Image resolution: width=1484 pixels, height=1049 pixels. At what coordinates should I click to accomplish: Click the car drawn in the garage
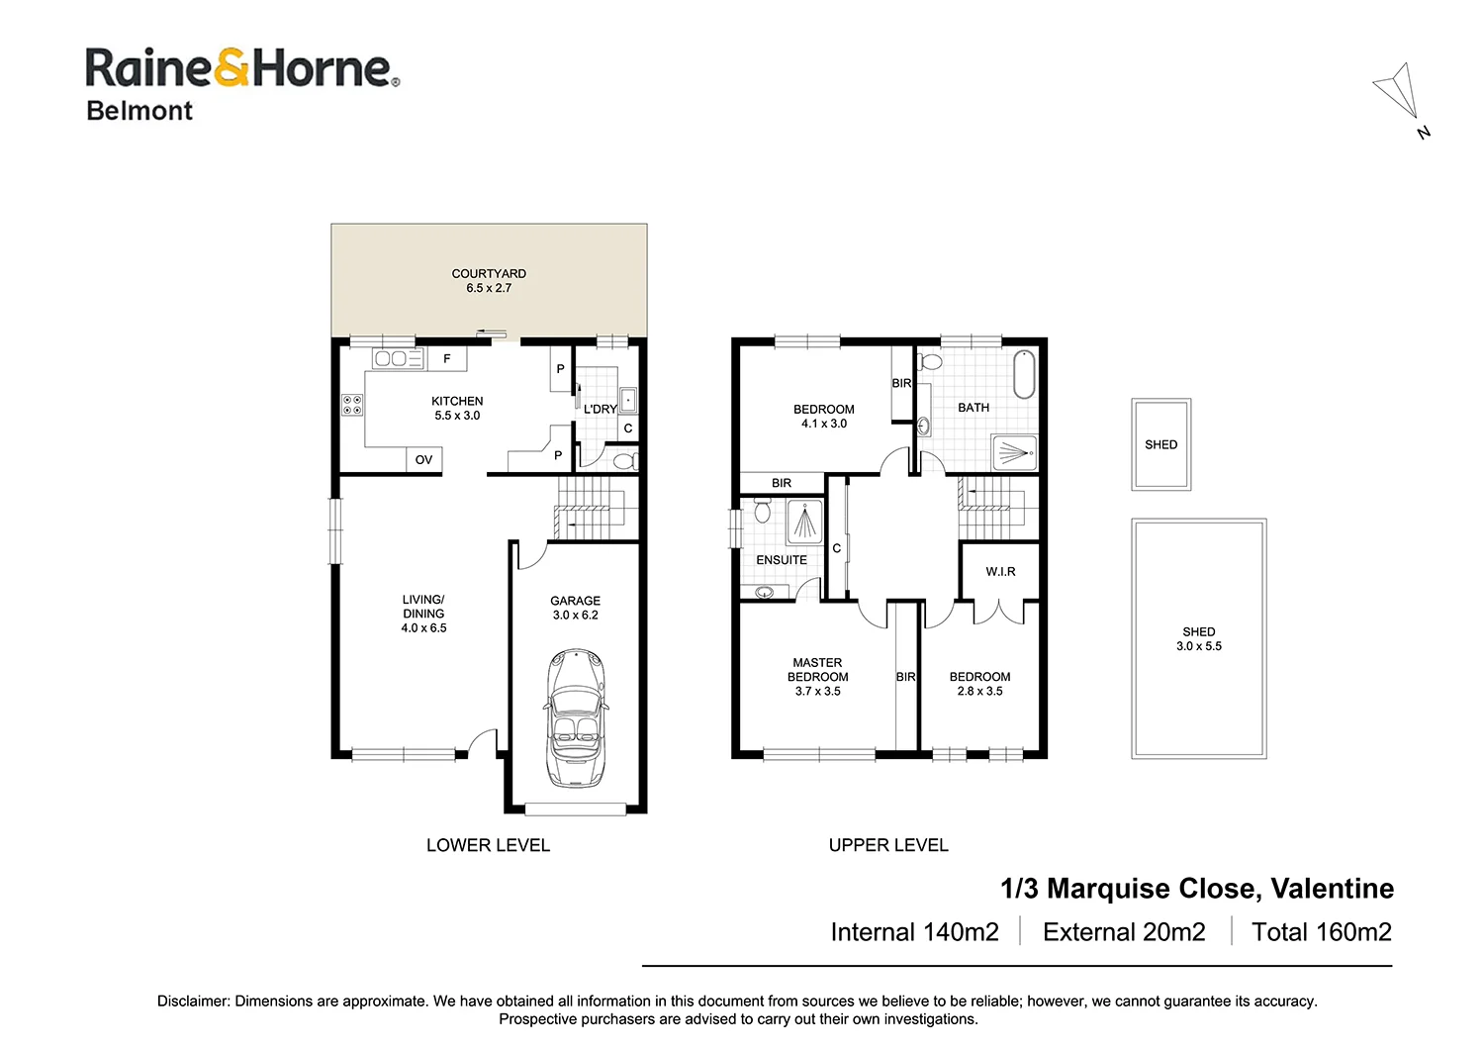[575, 717]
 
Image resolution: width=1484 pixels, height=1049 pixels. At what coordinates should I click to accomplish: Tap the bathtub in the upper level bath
[1024, 374]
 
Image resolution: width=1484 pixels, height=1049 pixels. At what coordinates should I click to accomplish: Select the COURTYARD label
[489, 274]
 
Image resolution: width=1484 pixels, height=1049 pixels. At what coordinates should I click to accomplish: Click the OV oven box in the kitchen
[423, 460]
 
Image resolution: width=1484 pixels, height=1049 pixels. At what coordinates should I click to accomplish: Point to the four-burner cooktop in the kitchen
[352, 404]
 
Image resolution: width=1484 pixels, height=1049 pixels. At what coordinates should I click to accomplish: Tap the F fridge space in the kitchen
[446, 359]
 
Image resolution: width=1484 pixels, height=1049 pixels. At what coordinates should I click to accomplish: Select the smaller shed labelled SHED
[1160, 444]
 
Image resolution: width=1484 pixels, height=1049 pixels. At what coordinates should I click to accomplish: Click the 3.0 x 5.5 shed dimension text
[1198, 646]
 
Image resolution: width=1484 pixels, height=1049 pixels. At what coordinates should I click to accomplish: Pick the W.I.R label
[1000, 572]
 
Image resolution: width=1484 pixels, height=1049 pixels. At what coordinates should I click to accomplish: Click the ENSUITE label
[782, 560]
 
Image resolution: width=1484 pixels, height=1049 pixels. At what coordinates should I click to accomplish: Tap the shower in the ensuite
[804, 522]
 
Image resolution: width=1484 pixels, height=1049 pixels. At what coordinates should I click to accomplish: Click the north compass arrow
[1398, 92]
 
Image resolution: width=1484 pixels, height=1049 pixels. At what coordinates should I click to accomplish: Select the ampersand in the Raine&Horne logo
[232, 68]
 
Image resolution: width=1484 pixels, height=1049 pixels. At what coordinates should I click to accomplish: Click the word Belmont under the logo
[139, 111]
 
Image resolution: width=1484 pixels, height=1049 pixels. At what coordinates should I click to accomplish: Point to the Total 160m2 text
[1321, 932]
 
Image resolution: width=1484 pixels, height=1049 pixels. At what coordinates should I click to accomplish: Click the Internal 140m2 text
[914, 932]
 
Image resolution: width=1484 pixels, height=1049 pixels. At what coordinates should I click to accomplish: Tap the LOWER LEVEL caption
[488, 845]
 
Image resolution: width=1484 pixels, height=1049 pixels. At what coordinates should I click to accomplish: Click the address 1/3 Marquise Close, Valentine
[1197, 889]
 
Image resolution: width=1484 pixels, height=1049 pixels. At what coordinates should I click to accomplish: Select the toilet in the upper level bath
[929, 362]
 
